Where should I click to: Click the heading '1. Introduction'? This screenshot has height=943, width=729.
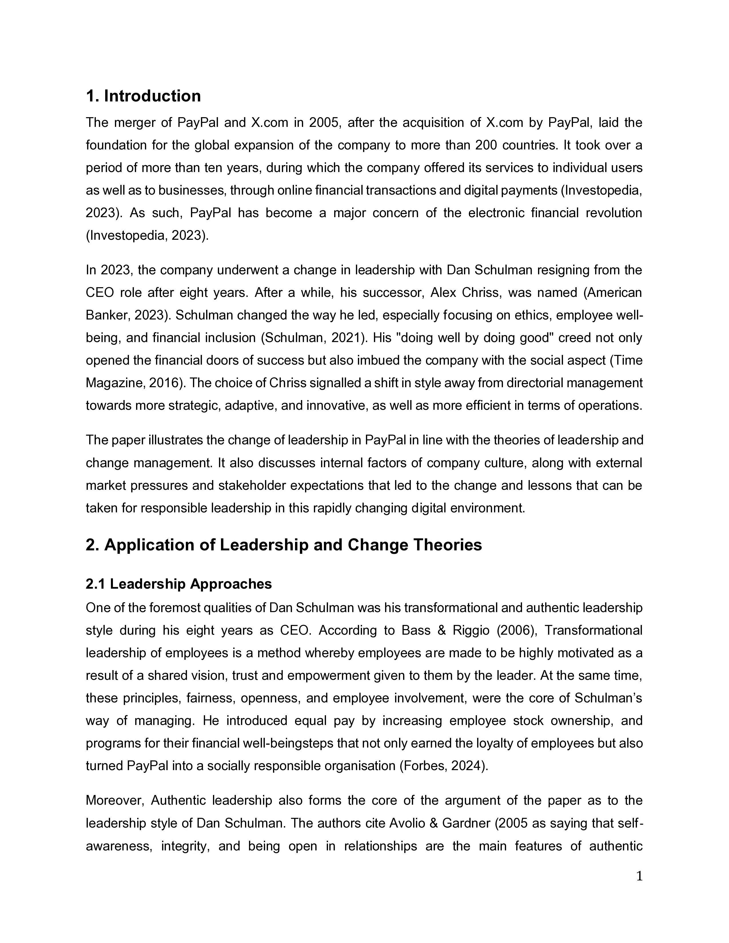[x=144, y=96]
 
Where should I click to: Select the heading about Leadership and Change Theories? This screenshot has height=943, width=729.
[x=284, y=545]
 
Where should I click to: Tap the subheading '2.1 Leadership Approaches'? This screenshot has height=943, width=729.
[x=179, y=584]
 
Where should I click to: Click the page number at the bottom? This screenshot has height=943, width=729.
[x=640, y=876]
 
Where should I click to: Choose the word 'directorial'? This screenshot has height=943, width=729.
[x=535, y=383]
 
